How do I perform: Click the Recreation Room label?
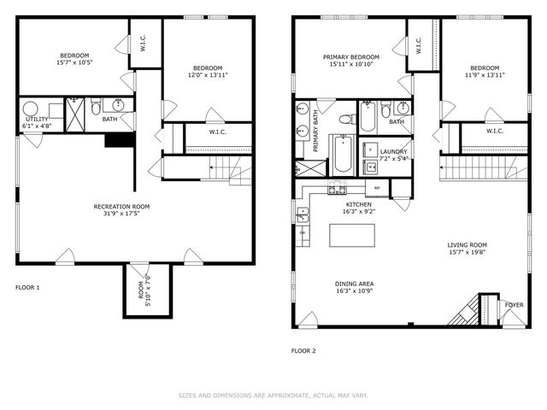point(121,206)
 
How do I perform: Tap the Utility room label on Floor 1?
point(37,120)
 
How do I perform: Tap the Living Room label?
point(467,246)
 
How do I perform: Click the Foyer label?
point(513,304)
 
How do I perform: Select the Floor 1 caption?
point(28,288)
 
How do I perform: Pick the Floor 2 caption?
point(303,350)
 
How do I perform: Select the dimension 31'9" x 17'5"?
point(121,214)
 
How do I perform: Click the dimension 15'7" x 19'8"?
point(467,254)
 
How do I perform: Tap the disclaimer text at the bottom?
point(273,395)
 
